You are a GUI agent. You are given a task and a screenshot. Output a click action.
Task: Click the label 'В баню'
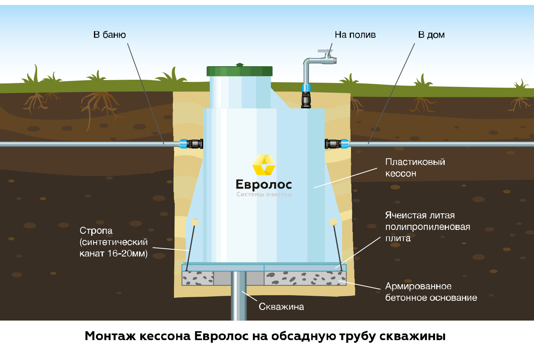coord(110,35)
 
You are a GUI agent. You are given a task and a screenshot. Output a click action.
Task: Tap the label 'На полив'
coord(355,35)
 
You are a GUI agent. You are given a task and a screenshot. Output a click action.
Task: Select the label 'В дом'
coord(431,35)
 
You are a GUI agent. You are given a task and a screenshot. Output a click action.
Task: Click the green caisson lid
coord(240,71)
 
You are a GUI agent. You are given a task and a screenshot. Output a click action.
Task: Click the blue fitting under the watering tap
coord(306,88)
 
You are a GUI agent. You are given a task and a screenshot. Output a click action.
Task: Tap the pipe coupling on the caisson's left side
coord(191,144)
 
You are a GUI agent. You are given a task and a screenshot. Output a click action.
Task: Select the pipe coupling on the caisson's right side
coord(337,144)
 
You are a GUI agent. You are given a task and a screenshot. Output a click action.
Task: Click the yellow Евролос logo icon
coord(264,165)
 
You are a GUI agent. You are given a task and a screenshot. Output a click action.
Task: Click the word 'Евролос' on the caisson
coord(264,184)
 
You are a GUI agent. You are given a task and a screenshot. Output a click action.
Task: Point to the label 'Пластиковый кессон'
coord(415,167)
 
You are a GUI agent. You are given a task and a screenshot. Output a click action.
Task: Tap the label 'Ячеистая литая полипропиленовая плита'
coord(427,227)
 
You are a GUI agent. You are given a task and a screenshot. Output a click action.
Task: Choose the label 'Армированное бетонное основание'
coord(431,292)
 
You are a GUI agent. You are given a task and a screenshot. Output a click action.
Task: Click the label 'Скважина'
coord(281,307)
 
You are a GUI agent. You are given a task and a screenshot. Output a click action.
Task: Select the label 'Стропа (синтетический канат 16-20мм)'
coord(113,242)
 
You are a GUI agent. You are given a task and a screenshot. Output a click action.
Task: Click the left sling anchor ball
coord(195,222)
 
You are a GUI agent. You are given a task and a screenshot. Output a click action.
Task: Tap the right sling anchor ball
coord(334,222)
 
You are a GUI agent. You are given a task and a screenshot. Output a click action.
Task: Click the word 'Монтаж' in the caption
coord(110,336)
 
